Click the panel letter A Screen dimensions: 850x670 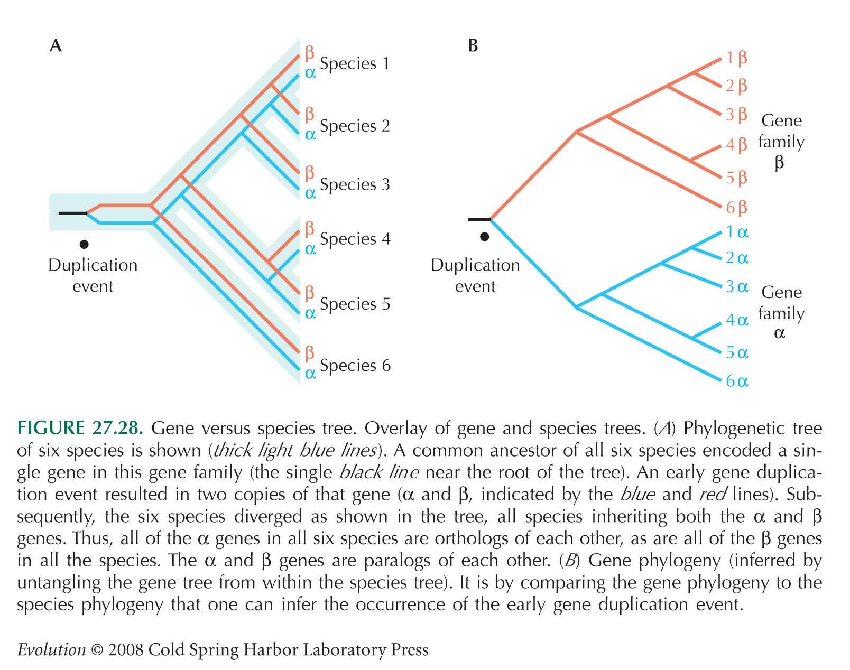coord(56,45)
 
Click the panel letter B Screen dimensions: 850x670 coord(473,45)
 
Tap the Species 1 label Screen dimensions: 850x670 coord(355,63)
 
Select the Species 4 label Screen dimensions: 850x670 coord(355,239)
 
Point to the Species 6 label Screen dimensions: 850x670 coord(355,365)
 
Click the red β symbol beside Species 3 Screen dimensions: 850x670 coord(310,173)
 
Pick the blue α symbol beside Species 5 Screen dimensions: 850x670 coord(310,314)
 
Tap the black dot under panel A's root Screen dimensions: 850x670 coord(84,245)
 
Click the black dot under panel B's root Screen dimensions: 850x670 coord(485,237)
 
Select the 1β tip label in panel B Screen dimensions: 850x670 coord(737,58)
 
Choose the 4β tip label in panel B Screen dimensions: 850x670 coord(737,145)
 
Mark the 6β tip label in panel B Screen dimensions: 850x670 coord(737,208)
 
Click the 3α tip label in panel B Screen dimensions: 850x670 coord(737,286)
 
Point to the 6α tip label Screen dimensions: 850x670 coord(737,381)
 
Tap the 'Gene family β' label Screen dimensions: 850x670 coord(781,142)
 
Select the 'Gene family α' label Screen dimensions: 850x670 coord(781,312)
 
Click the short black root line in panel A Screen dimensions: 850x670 coord(72,213)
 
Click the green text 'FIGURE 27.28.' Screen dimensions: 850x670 coord(80,428)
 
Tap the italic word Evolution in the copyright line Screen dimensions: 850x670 coord(52,649)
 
